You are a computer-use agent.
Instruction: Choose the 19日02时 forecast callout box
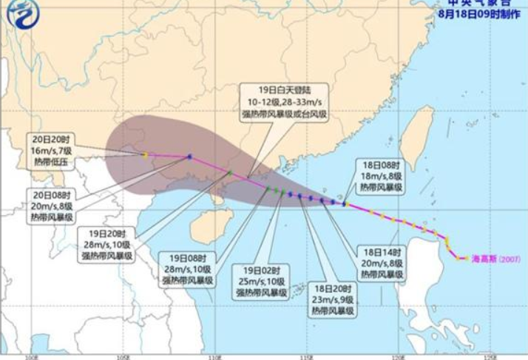click(260, 282)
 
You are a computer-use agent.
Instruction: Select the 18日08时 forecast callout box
click(380, 176)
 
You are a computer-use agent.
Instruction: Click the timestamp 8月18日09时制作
click(479, 13)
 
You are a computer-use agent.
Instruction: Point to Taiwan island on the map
click(419, 137)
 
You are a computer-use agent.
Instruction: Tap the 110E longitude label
click(214, 356)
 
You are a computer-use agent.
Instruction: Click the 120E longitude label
click(399, 356)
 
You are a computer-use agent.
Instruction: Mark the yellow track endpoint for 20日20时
click(145, 154)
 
